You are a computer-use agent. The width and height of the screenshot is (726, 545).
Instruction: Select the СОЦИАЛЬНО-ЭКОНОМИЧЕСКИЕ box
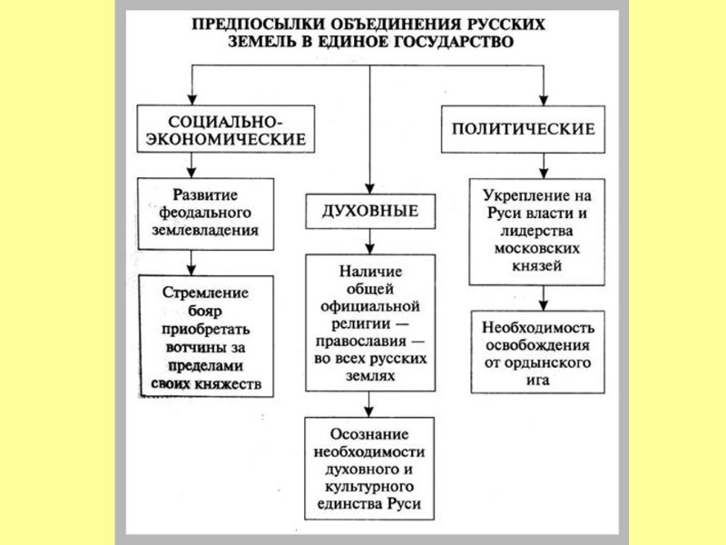coord(225,130)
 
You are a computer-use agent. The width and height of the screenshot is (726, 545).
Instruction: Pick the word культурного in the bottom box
coord(368,488)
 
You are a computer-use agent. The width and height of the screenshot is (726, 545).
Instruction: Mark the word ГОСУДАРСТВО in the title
coord(446,42)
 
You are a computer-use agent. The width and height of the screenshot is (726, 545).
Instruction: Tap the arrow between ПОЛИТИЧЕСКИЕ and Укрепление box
coord(543,163)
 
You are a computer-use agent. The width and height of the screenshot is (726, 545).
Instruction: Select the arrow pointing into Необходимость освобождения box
coord(543,299)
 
